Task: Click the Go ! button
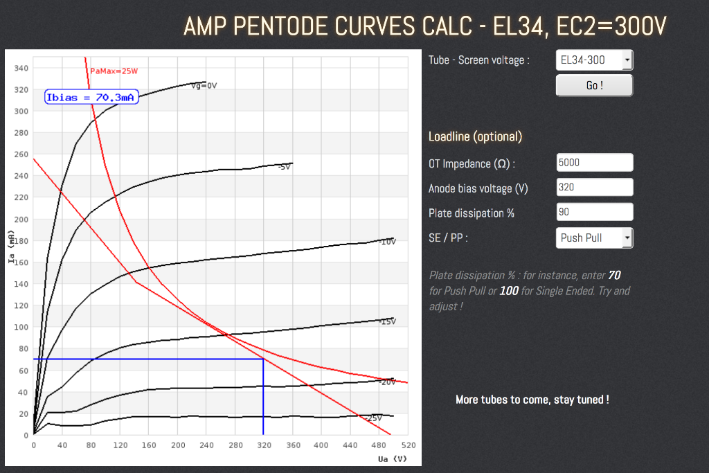594,85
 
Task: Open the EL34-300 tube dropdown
594,60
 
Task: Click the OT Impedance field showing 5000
594,162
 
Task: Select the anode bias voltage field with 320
594,187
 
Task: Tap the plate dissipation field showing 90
594,212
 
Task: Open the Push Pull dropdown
594,238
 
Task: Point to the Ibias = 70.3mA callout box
92,98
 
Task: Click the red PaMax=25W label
115,71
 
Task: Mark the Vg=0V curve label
204,86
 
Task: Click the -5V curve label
284,167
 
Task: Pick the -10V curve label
388,242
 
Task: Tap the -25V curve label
374,418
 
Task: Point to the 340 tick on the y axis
21,68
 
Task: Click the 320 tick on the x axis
264,445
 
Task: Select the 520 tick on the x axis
408,445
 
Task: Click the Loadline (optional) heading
475,136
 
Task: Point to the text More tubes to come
532,400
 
